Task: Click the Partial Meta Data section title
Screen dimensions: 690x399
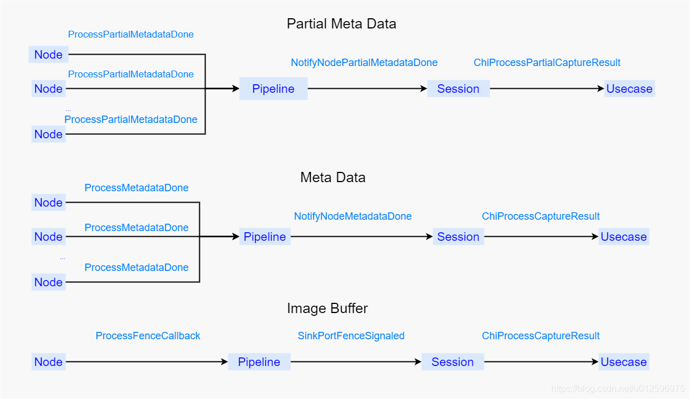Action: coord(342,24)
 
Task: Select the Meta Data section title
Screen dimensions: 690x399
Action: coord(333,178)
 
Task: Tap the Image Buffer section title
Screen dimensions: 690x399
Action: coord(327,308)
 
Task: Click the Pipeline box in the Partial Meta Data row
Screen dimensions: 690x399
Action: coord(273,89)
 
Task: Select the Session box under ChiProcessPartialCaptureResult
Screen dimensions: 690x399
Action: coord(458,89)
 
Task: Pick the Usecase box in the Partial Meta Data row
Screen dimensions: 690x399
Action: coord(629,89)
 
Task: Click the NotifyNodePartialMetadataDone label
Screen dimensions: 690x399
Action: coord(364,63)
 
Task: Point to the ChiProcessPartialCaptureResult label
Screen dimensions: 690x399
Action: coord(547,63)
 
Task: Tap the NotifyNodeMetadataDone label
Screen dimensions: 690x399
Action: coord(353,216)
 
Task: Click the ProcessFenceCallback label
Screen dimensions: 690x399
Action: coord(148,336)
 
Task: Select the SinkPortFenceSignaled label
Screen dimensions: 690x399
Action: coord(351,336)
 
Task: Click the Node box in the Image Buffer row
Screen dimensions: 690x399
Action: coord(48,362)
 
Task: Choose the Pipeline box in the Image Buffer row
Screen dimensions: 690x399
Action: coord(259,362)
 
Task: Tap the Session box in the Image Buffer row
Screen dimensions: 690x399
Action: coord(453,362)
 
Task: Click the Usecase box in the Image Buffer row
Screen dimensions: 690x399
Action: coord(624,362)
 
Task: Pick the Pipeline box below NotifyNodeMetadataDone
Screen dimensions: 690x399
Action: coord(265,236)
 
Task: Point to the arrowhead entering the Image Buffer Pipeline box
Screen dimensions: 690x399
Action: coord(225,362)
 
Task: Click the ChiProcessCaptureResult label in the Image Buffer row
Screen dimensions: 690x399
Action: coord(541,336)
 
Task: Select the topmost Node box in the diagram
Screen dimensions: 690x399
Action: coord(48,55)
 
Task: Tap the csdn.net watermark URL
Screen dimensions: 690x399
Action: coord(617,389)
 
